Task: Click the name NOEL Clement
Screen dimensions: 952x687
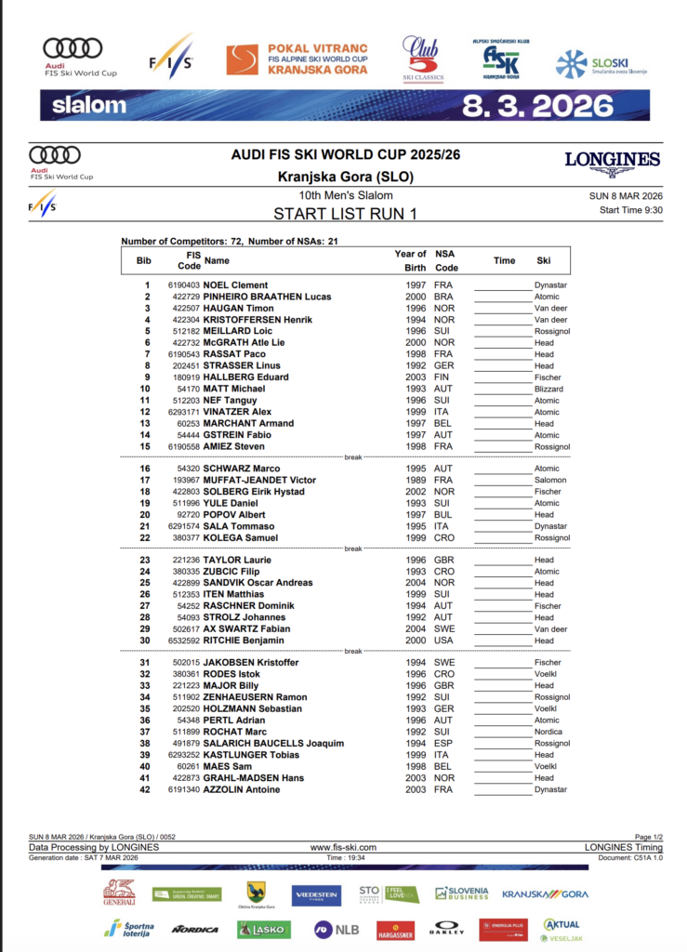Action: click(235, 285)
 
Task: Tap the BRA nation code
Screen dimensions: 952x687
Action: click(443, 297)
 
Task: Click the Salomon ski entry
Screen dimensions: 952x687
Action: click(550, 480)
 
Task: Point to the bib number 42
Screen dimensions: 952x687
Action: click(145, 789)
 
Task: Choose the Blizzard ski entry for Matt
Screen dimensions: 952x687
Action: click(550, 389)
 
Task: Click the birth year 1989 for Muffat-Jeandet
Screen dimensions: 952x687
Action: click(416, 480)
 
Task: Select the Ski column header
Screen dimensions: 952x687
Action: click(544, 260)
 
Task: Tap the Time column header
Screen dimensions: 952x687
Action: click(504, 260)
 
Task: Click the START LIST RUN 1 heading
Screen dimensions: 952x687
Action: click(345, 213)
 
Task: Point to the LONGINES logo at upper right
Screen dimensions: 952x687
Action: click(612, 162)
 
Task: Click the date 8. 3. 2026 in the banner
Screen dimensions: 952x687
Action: click(524, 105)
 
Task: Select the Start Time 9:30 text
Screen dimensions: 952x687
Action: click(630, 210)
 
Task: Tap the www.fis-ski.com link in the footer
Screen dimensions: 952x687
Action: click(343, 847)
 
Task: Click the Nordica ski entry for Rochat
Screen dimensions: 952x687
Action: click(548, 732)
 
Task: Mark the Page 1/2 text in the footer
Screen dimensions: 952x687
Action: click(648, 838)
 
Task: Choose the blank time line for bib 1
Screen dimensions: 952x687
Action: click(501, 286)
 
